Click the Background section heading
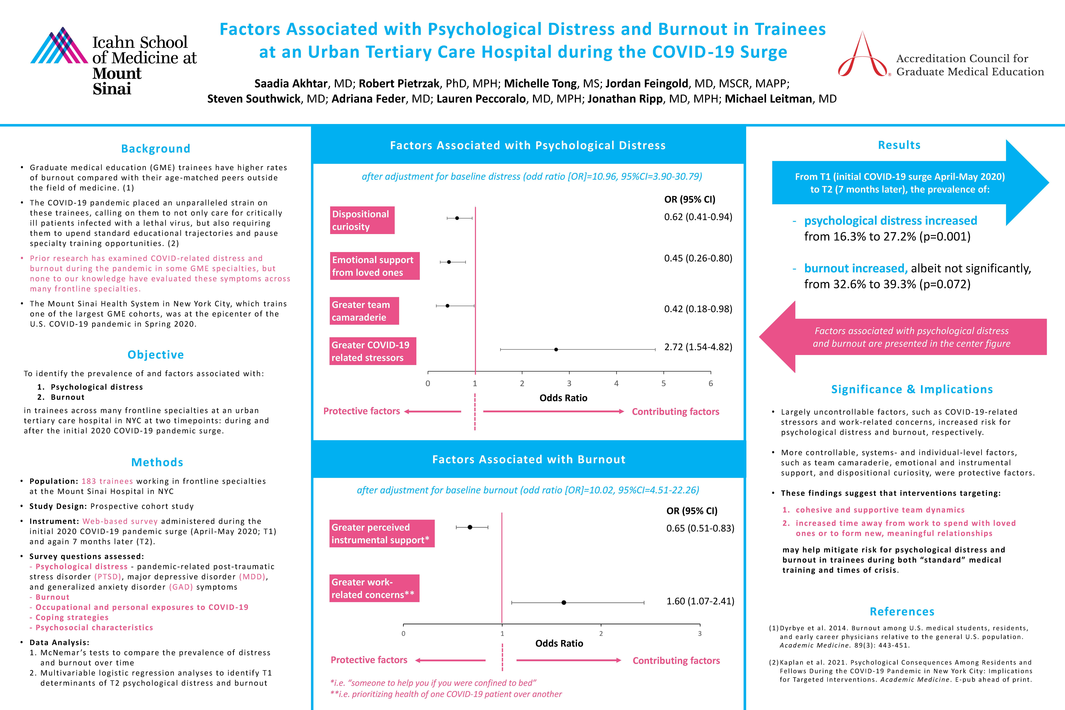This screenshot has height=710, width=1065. click(156, 148)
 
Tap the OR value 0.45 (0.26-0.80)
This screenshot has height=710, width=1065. click(698, 258)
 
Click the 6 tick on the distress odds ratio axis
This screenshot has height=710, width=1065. click(711, 383)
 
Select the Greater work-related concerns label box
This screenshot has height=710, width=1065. click(374, 588)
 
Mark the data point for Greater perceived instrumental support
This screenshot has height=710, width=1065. click(470, 527)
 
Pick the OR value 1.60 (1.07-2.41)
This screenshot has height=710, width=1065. click(700, 601)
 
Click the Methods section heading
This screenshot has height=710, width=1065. click(157, 462)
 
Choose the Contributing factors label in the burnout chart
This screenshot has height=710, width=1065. click(676, 661)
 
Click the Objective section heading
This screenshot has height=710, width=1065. click(156, 354)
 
